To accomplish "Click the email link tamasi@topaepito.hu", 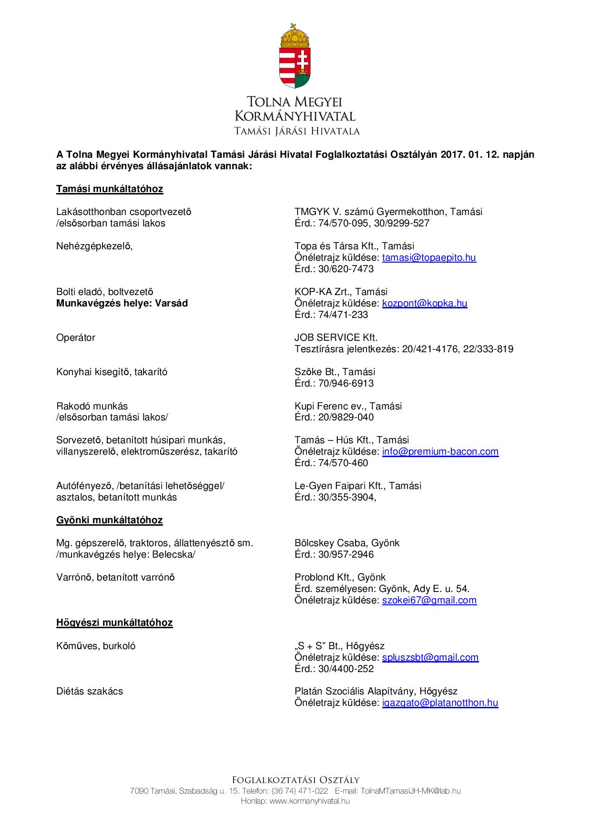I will [429, 257].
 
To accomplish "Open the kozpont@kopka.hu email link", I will [425, 303].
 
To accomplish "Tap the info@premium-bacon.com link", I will [440, 451].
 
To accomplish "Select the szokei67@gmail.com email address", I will [429, 600].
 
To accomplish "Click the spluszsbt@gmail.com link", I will [430, 657].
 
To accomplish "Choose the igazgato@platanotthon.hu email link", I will [440, 703].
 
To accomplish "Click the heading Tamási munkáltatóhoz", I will [110, 189].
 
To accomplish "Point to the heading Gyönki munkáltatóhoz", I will [110, 520].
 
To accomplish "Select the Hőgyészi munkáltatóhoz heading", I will [114, 622].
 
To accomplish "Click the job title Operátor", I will [76, 337].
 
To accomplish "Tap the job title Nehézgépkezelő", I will [94, 246].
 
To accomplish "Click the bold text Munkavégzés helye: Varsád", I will [122, 303].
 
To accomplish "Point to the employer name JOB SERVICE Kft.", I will [336, 337].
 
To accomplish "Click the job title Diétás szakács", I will [90, 691].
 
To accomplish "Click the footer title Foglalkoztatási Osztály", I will [295, 780].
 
